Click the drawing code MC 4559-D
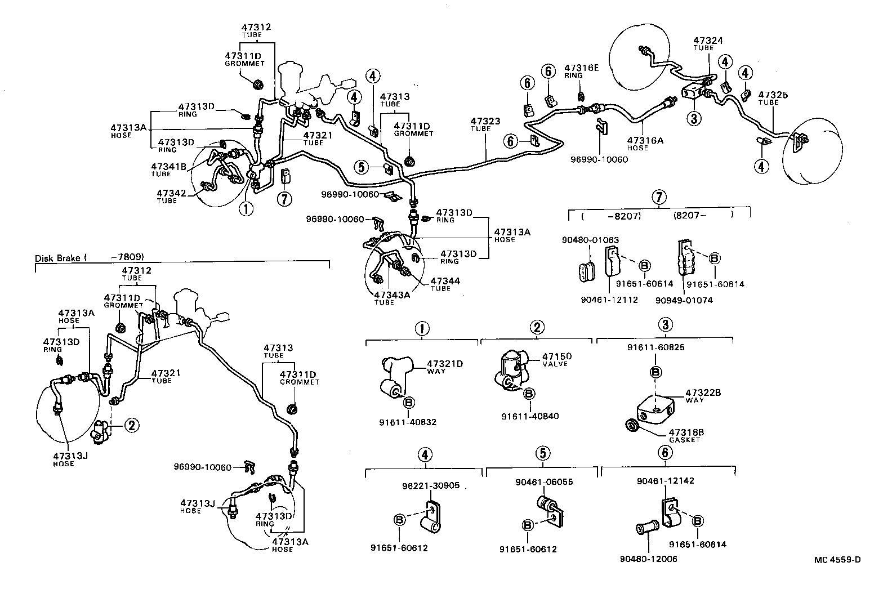click(x=837, y=559)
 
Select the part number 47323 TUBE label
click(x=485, y=124)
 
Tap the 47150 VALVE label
click(x=556, y=360)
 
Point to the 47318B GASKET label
click(x=686, y=435)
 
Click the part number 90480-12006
click(x=648, y=559)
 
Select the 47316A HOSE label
click(x=646, y=144)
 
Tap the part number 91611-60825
click(x=655, y=347)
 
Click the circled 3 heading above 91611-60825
click(x=666, y=324)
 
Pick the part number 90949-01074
click(x=684, y=300)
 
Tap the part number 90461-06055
click(x=544, y=482)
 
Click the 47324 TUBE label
click(x=708, y=44)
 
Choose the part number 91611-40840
click(x=530, y=416)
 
